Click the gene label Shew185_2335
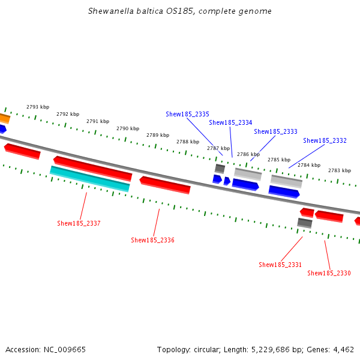click(187, 114)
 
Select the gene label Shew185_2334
click(230, 122)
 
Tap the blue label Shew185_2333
click(275, 131)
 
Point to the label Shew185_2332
click(325, 140)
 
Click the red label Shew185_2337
click(79, 223)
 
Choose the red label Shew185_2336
click(152, 240)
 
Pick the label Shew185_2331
click(280, 265)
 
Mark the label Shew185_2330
click(329, 273)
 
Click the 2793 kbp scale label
click(38, 107)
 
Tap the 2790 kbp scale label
click(128, 128)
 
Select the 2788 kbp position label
click(188, 142)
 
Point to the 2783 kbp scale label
click(340, 170)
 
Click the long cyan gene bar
click(90, 179)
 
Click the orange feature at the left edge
click(4, 118)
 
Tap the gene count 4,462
click(343, 349)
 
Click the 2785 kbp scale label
click(278, 160)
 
